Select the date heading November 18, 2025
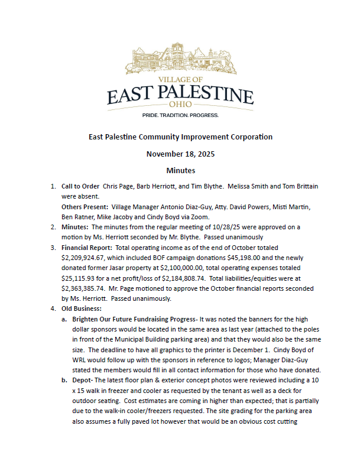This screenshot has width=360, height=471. tap(180, 154)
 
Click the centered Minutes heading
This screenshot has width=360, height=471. tap(180, 171)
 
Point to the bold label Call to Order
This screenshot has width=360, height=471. tap(80, 186)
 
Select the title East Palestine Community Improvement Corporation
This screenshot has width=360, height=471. tap(180, 137)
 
